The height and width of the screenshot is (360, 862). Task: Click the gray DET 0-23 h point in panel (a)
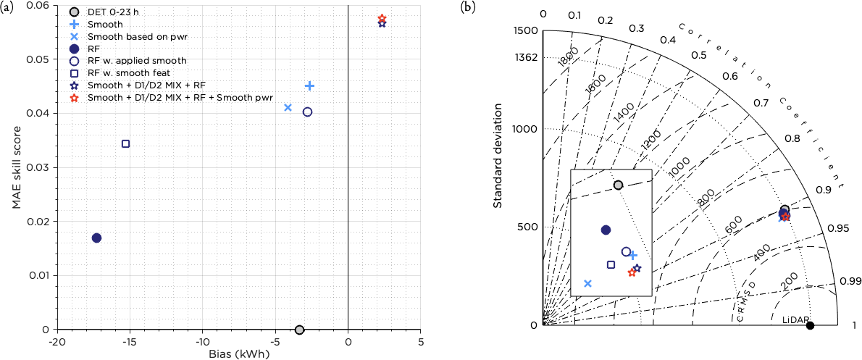(300, 330)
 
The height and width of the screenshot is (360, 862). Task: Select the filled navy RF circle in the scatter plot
(96, 238)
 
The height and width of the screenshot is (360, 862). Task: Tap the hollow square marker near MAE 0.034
(125, 143)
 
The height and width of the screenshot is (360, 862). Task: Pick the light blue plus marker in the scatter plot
(309, 85)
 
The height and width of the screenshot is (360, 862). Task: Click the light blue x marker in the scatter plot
(288, 107)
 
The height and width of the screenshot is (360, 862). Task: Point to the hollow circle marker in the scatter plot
(307, 112)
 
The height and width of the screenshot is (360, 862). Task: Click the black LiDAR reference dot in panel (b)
(810, 325)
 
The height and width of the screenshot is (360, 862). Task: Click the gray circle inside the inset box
(618, 185)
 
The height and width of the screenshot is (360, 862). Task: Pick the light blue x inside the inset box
(587, 283)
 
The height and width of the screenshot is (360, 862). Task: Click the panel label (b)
(469, 7)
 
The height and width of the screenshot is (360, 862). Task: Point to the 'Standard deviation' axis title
(498, 155)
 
